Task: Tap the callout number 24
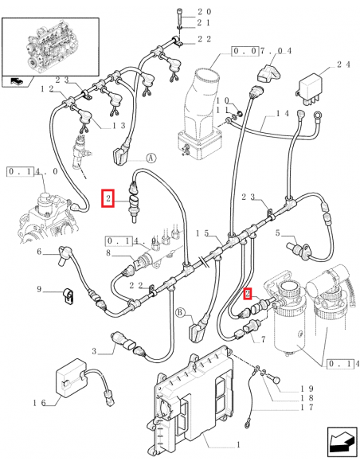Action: (343, 64)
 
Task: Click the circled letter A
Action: (151, 158)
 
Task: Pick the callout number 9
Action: (38, 289)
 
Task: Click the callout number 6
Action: (38, 252)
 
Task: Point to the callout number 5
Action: (278, 233)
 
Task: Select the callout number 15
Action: (204, 233)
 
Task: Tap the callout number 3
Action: (94, 351)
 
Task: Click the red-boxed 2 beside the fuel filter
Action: (248, 294)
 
